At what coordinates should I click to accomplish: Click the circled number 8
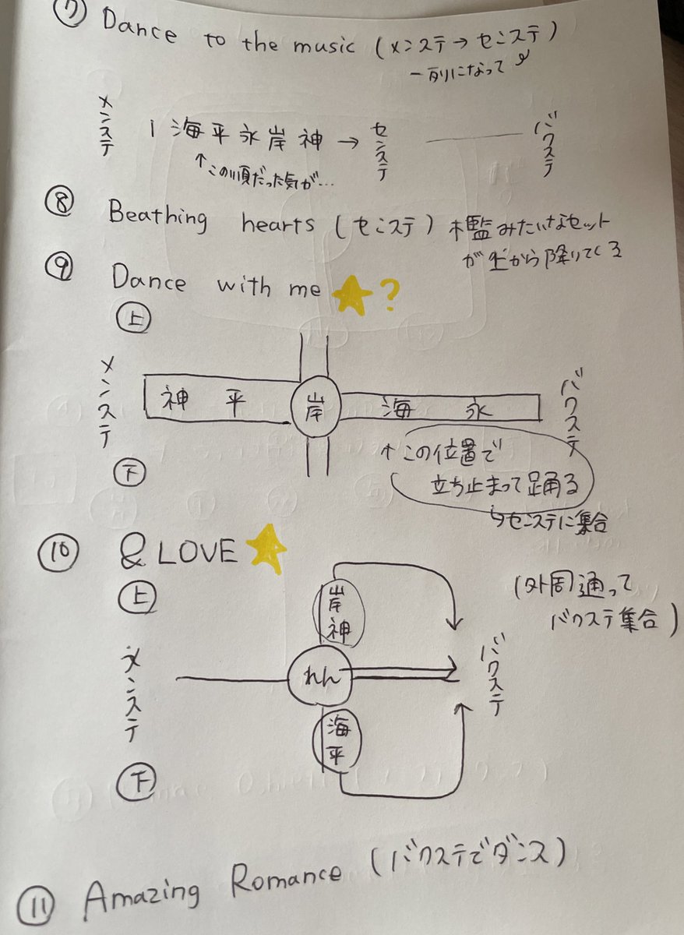(x=60, y=206)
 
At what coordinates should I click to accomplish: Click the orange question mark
(x=388, y=297)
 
